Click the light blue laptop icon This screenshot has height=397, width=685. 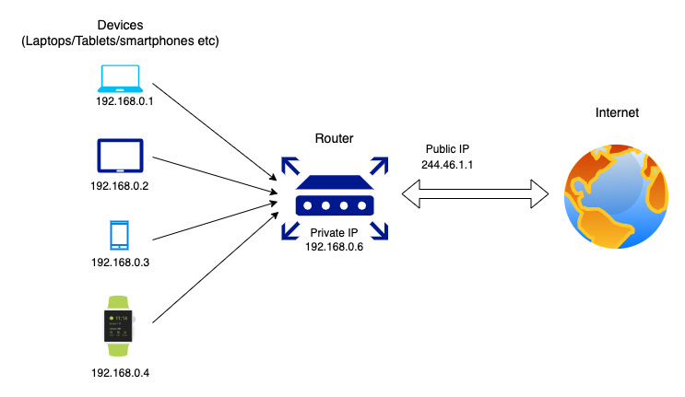pyautogui.click(x=119, y=76)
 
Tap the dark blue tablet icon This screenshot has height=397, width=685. pyautogui.click(x=119, y=157)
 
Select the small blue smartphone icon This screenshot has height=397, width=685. pyautogui.click(x=119, y=235)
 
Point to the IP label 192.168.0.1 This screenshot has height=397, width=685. pyautogui.click(x=124, y=101)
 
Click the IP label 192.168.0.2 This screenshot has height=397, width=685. pyautogui.click(x=120, y=186)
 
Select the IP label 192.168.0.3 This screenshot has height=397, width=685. pyautogui.click(x=120, y=263)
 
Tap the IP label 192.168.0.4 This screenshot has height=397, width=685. pyautogui.click(x=120, y=374)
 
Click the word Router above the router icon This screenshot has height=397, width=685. pyautogui.click(x=333, y=138)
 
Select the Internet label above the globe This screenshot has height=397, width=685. pyautogui.click(x=617, y=113)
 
